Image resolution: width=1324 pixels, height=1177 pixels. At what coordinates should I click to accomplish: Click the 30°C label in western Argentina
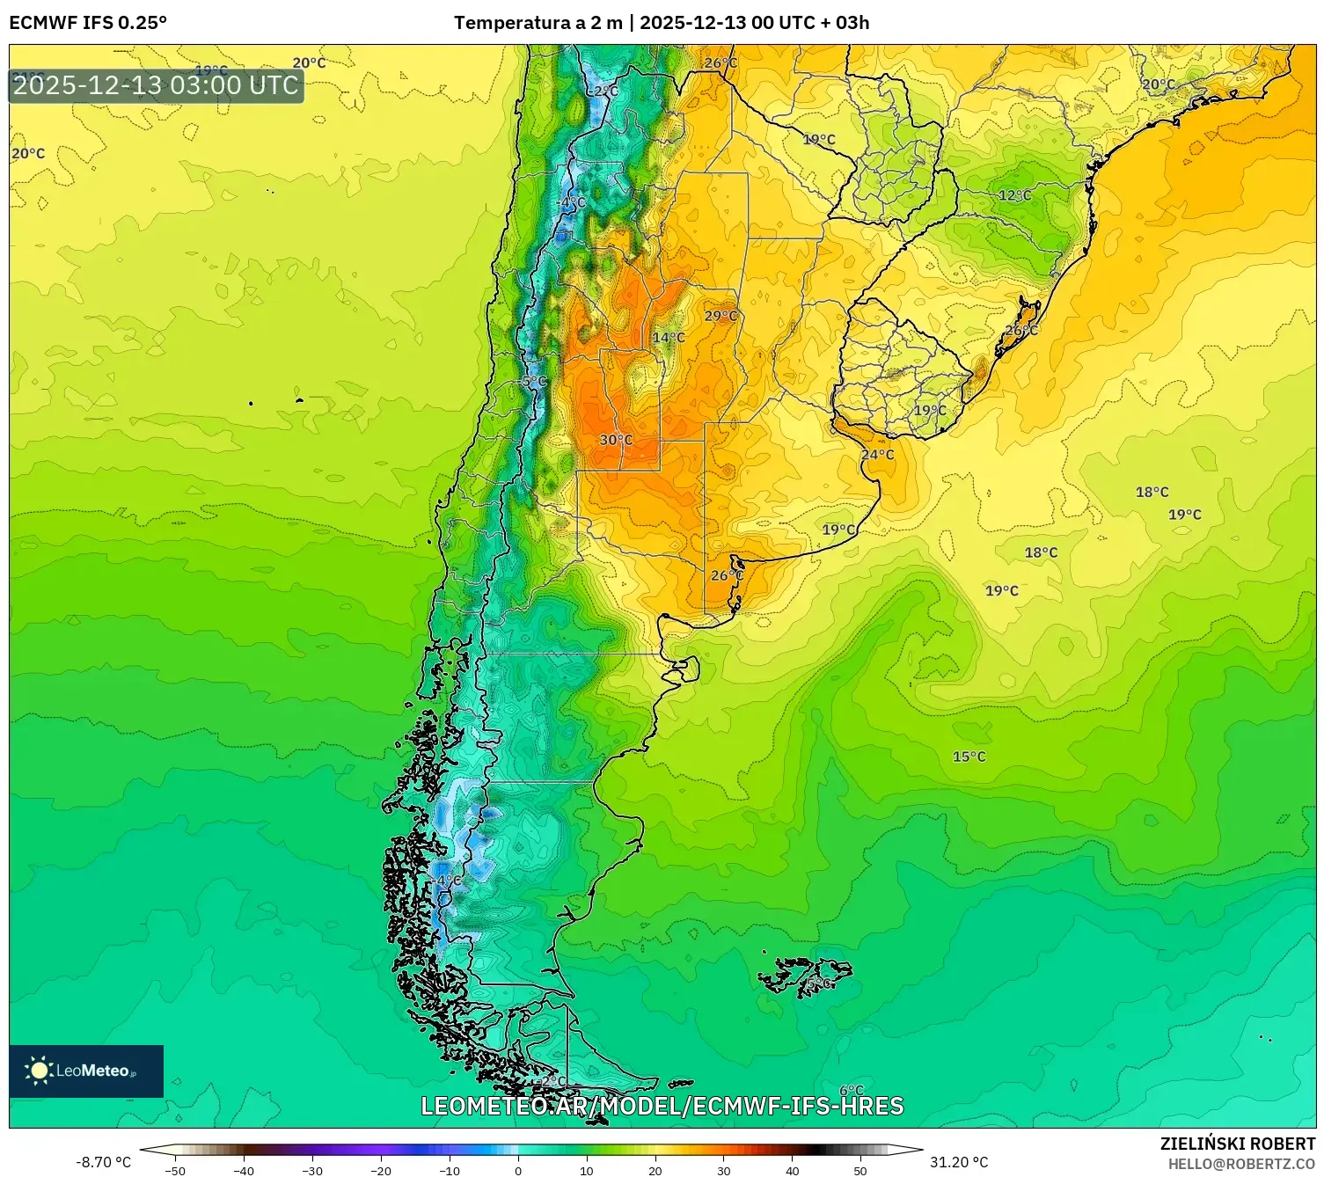pyautogui.click(x=616, y=440)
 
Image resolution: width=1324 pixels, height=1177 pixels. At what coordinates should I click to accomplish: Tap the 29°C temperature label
pyautogui.click(x=721, y=317)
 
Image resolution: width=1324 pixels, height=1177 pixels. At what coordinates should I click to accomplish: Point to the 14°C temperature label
pyautogui.click(x=669, y=338)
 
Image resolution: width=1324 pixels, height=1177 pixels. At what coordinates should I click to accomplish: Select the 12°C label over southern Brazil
pyautogui.click(x=1014, y=195)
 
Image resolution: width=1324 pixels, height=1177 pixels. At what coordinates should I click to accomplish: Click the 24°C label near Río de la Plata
pyautogui.click(x=877, y=455)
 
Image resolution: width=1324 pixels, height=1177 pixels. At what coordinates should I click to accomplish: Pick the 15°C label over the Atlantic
pyautogui.click(x=969, y=757)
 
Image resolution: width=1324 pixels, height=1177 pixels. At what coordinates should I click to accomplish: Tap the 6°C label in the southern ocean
pyautogui.click(x=851, y=1091)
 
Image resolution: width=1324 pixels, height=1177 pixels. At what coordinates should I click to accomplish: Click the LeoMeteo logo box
pyautogui.click(x=86, y=1071)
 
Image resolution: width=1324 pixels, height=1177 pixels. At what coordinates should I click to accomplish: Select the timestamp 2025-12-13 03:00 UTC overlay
pyautogui.click(x=156, y=85)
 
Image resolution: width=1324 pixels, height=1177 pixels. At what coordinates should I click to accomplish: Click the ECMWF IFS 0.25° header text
pyautogui.click(x=88, y=23)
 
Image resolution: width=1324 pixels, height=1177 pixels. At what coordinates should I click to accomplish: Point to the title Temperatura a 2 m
pyautogui.click(x=538, y=23)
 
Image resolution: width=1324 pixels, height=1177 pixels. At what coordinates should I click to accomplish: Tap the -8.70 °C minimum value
pyautogui.click(x=103, y=1162)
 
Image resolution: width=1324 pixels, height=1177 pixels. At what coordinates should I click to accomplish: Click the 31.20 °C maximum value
pyautogui.click(x=959, y=1162)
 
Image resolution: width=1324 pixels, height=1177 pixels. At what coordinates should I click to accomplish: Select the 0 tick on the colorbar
pyautogui.click(x=517, y=1170)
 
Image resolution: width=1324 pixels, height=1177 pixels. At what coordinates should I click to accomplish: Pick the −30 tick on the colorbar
pyautogui.click(x=312, y=1170)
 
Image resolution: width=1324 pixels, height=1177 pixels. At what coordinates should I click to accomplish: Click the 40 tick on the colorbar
pyautogui.click(x=792, y=1170)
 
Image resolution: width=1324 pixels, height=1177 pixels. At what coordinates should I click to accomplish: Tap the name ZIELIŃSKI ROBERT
pyautogui.click(x=1237, y=1144)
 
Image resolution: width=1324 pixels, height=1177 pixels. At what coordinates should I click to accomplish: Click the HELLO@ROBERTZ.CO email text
pyautogui.click(x=1240, y=1164)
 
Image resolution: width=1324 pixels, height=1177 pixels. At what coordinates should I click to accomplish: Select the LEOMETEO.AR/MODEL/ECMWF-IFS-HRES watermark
pyautogui.click(x=662, y=1106)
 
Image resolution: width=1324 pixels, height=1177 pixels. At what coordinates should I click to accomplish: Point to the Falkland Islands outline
pyautogui.click(x=805, y=976)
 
